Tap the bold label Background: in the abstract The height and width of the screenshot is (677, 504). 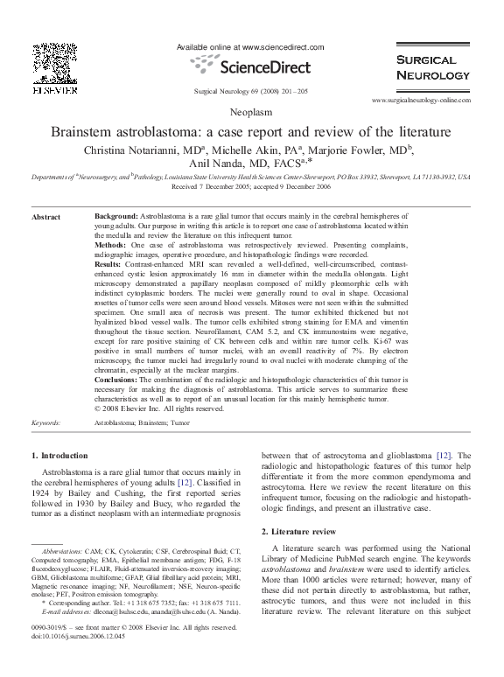(x=115, y=213)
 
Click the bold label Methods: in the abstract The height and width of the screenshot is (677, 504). (x=111, y=247)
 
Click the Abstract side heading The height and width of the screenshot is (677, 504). (x=45, y=216)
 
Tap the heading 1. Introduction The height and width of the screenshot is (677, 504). (x=59, y=456)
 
